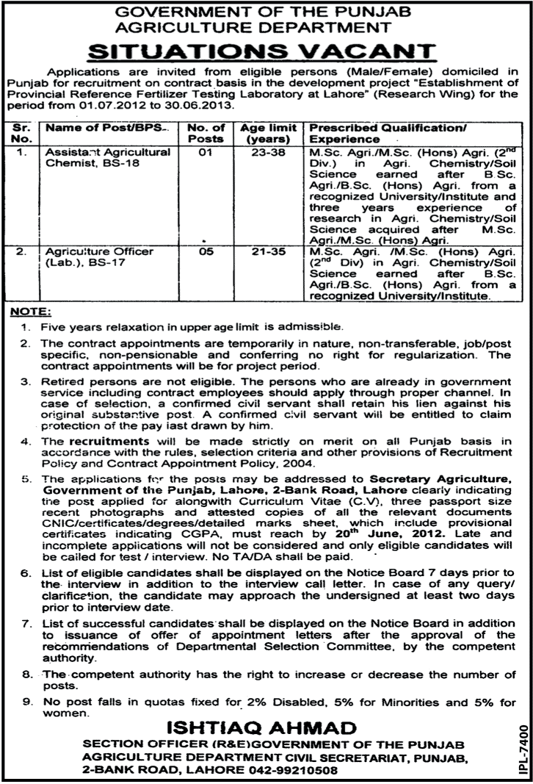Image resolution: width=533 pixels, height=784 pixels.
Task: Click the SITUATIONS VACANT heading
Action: [266, 52]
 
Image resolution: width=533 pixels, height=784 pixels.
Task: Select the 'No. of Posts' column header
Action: [209, 132]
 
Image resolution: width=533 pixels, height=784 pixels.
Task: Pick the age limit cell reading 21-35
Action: [268, 252]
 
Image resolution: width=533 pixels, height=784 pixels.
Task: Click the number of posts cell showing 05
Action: [209, 252]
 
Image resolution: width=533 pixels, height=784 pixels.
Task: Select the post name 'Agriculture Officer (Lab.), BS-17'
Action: [98, 257]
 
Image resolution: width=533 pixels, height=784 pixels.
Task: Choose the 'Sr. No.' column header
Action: [21, 132]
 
